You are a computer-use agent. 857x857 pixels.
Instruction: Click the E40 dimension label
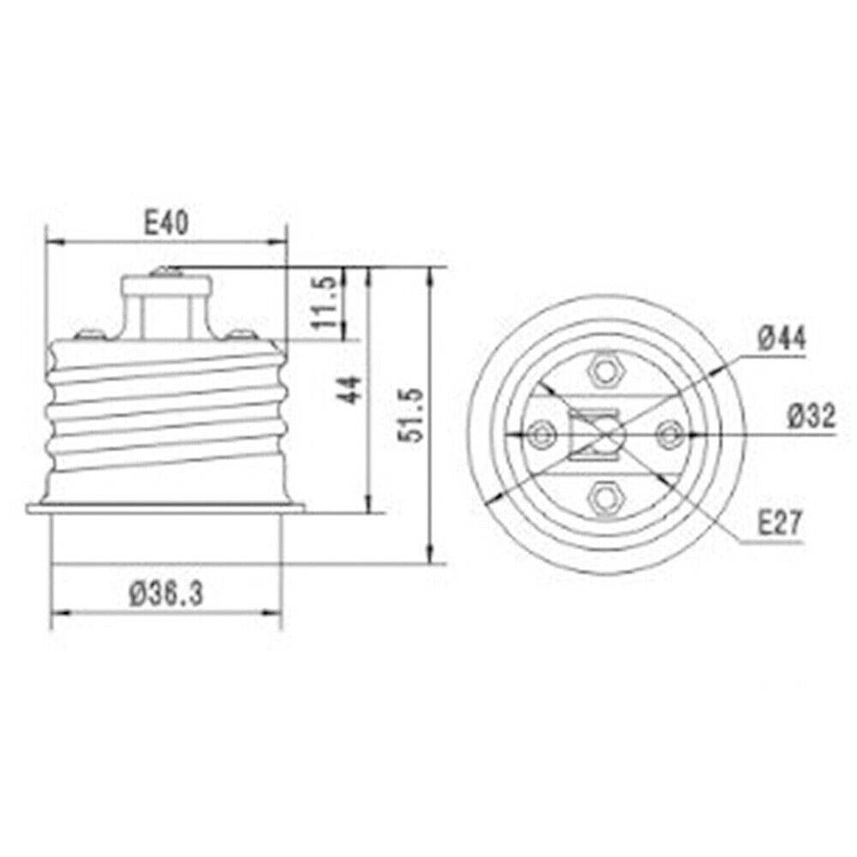165,225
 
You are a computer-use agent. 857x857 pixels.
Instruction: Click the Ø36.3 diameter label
165,592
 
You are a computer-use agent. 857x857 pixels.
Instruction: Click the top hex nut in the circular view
605,371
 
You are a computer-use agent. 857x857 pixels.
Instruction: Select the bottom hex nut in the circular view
605,495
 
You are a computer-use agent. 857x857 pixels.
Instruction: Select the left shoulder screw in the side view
85,334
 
